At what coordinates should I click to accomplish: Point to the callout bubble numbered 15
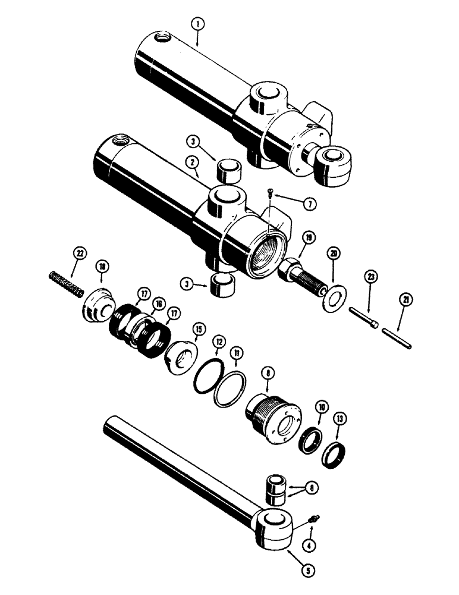coord(197,328)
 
